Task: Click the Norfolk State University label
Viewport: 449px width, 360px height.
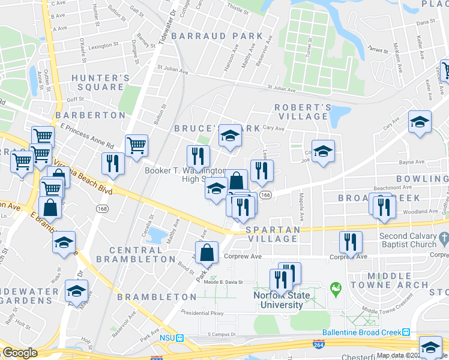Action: (x=277, y=300)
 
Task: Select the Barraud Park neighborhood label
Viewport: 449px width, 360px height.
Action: (x=217, y=36)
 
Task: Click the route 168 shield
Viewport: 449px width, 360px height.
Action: (x=101, y=208)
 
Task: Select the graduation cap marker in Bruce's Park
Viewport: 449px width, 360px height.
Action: (x=229, y=137)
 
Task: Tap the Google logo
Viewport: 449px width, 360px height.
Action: (x=20, y=353)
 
